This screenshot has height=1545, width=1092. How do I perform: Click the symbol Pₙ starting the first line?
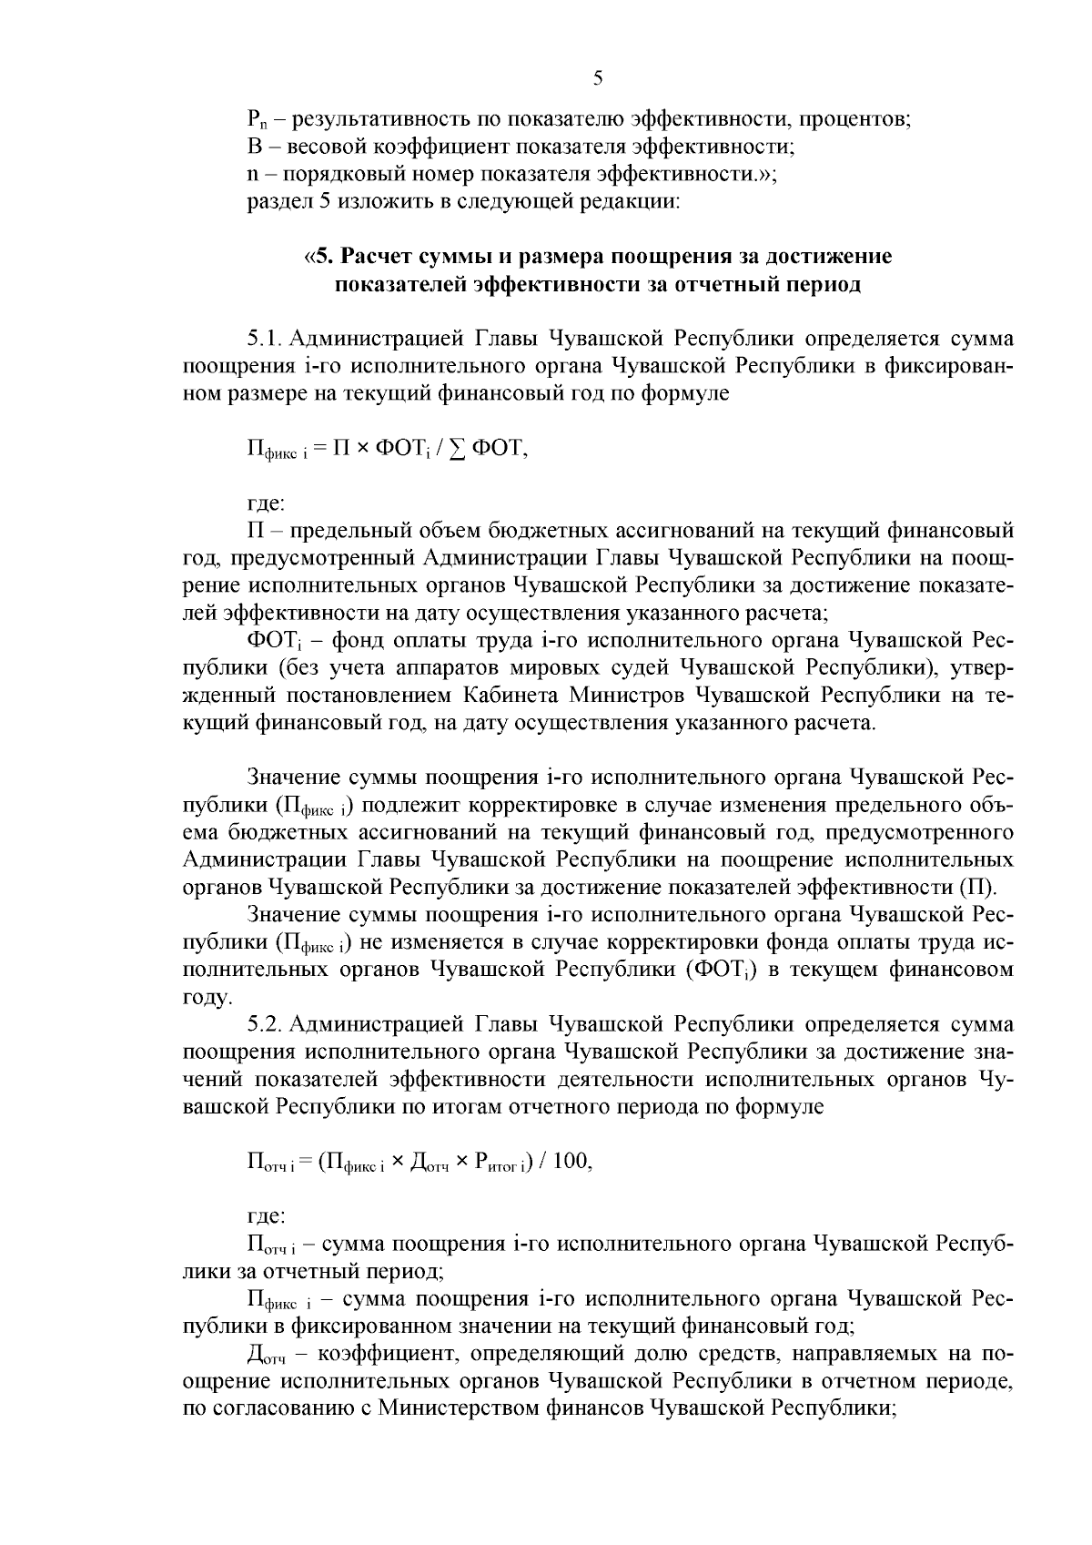tap(255, 118)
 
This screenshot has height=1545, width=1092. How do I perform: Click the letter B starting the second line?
tap(254, 146)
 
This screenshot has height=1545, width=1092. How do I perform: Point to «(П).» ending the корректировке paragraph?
tap(979, 887)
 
